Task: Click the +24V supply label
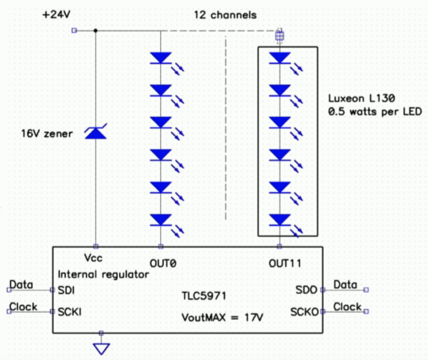tap(57, 15)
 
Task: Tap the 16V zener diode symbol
tap(95, 133)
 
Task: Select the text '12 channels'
tap(225, 15)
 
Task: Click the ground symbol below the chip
tap(101, 348)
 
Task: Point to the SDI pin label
tap(66, 290)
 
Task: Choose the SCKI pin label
tap(70, 312)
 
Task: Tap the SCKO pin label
tap(304, 312)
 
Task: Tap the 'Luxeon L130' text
tap(361, 99)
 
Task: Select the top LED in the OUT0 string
tap(161, 58)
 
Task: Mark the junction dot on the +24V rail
tap(95, 31)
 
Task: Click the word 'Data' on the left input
tap(22, 285)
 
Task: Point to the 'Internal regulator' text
tap(103, 275)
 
